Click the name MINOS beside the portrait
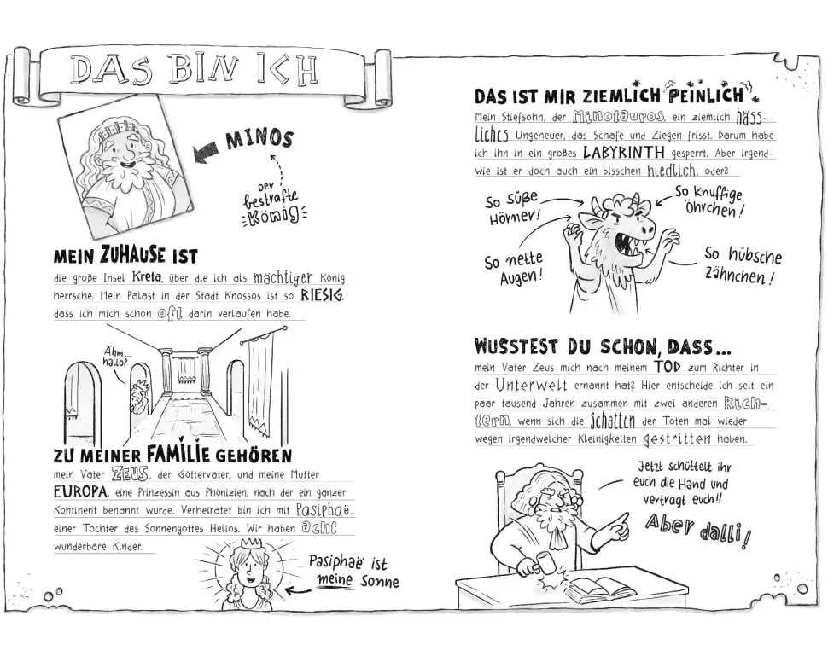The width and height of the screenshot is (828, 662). [259, 139]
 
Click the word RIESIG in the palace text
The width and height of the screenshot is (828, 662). [322, 295]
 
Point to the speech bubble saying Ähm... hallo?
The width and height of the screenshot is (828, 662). [115, 357]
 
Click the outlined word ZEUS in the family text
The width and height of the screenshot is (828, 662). [130, 473]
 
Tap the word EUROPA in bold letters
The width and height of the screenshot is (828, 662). [81, 492]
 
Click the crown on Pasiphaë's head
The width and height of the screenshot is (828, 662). [251, 543]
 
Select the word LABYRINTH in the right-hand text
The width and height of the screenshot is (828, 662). [624, 153]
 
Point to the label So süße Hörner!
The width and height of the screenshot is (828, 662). [513, 209]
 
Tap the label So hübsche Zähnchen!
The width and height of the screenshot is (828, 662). [742, 265]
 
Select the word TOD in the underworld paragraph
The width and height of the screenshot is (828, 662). [668, 366]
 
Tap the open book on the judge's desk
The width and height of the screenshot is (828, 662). [599, 587]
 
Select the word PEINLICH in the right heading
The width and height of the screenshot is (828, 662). [706, 96]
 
